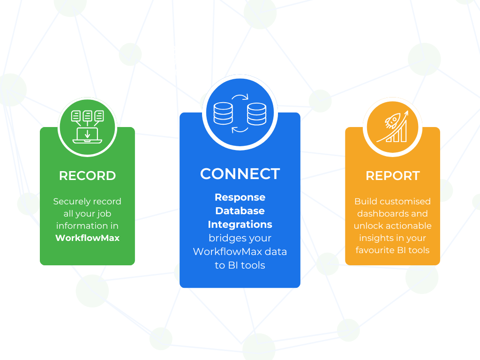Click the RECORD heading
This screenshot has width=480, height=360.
pyautogui.click(x=87, y=176)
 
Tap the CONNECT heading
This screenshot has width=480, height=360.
pyautogui.click(x=240, y=174)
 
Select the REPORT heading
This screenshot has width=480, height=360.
pyautogui.click(x=392, y=176)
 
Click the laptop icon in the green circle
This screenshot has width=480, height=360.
pyautogui.click(x=87, y=135)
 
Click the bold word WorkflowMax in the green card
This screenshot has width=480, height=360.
pyautogui.click(x=87, y=238)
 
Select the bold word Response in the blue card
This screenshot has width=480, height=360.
pyautogui.click(x=240, y=197)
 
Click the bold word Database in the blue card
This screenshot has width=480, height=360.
pyautogui.click(x=240, y=211)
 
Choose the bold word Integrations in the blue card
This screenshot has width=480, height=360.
pyautogui.click(x=240, y=225)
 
